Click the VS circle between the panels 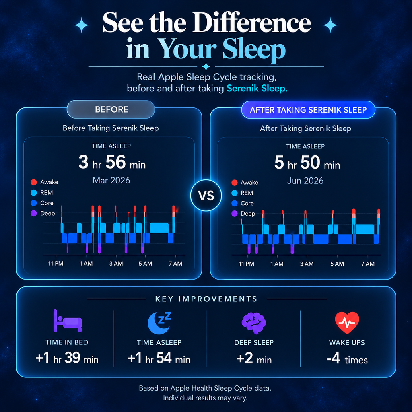(x=206, y=196)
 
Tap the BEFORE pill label (x=111, y=109)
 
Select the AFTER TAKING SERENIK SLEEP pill (x=308, y=110)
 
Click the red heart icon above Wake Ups (x=347, y=323)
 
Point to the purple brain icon (x=254, y=323)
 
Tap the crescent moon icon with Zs (x=159, y=323)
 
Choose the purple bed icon (x=68, y=321)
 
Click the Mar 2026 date (x=111, y=181)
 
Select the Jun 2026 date (x=305, y=181)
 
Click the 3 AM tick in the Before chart (x=116, y=264)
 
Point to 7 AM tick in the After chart (x=368, y=264)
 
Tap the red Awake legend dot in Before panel (x=34, y=182)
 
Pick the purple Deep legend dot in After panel (x=235, y=214)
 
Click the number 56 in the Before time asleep (x=115, y=162)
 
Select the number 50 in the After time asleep (x=310, y=163)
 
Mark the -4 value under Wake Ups (x=334, y=358)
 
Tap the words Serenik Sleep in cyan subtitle (x=257, y=88)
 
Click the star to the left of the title (x=82, y=25)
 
